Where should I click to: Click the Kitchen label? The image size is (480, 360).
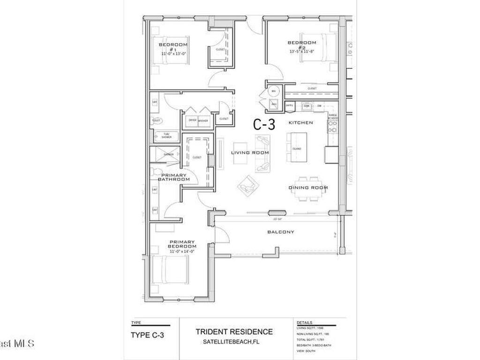pyautogui.click(x=300, y=122)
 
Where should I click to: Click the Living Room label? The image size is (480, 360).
pyautogui.click(x=250, y=153)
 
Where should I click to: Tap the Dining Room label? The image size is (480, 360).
pyautogui.click(x=307, y=187)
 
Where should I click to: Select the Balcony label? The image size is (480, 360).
pyautogui.click(x=280, y=232)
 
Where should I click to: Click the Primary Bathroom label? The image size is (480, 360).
pyautogui.click(x=173, y=177)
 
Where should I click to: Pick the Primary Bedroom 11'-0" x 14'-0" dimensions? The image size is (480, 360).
pyautogui.click(x=182, y=251)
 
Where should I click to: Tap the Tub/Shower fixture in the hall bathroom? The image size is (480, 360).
pyautogui.click(x=166, y=136)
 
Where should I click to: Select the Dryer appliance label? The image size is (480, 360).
pyautogui.click(x=192, y=120)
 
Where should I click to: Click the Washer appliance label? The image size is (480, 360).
pyautogui.click(x=203, y=120)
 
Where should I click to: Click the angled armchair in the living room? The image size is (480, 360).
pyautogui.click(x=247, y=186)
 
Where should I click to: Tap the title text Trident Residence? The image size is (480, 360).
pyautogui.click(x=234, y=332)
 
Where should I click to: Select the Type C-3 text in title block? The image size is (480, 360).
pyautogui.click(x=147, y=335)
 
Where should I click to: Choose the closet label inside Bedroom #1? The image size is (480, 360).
pyautogui.click(x=220, y=49)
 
